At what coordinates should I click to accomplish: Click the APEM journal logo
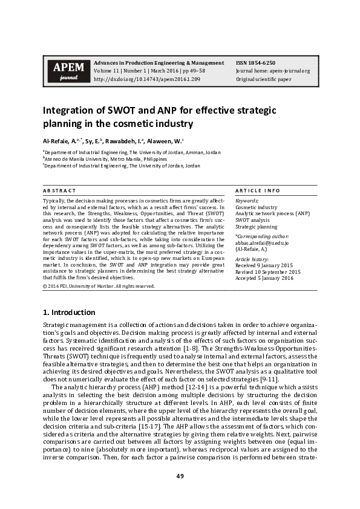pyautogui.click(x=64, y=71)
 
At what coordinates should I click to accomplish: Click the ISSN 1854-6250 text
pyautogui.click(x=255, y=63)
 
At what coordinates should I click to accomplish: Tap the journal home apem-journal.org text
pyautogui.click(x=272, y=71)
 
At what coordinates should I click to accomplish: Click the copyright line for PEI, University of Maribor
pyautogui.click(x=99, y=286)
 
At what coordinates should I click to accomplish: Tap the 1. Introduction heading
pyautogui.click(x=68, y=313)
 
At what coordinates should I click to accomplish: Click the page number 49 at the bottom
pyautogui.click(x=180, y=476)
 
